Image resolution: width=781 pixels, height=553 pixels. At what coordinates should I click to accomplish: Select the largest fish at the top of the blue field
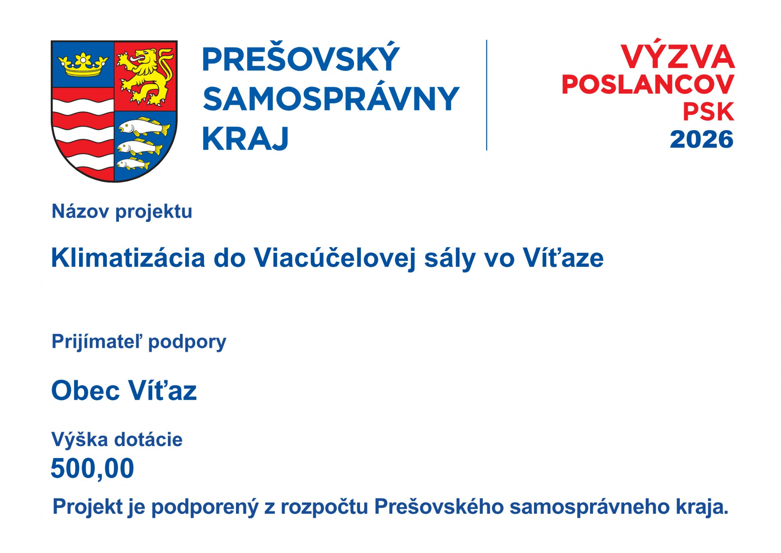[x=144, y=127]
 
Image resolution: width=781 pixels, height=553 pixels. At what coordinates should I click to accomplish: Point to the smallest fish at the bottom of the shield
[x=133, y=164]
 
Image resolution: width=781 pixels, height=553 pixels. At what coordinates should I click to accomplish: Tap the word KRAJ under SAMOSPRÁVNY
[x=245, y=139]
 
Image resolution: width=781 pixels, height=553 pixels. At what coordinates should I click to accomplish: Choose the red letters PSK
[x=709, y=112]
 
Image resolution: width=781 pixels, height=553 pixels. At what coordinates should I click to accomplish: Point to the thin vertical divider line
[x=486, y=95]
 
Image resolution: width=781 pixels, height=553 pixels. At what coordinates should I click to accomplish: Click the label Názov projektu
[x=122, y=212]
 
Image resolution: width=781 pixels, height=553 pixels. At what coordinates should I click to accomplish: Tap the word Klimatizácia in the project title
[x=128, y=258]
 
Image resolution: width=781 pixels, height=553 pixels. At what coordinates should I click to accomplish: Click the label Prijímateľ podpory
[x=139, y=342]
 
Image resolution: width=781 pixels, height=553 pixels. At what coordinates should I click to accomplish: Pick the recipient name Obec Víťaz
[x=124, y=390]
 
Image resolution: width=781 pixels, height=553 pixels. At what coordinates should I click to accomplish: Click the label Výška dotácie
[x=117, y=440]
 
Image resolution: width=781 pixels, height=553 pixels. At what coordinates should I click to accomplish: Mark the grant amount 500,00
[x=92, y=469]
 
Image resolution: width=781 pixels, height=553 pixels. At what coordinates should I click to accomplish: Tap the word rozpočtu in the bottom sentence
[x=324, y=507]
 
